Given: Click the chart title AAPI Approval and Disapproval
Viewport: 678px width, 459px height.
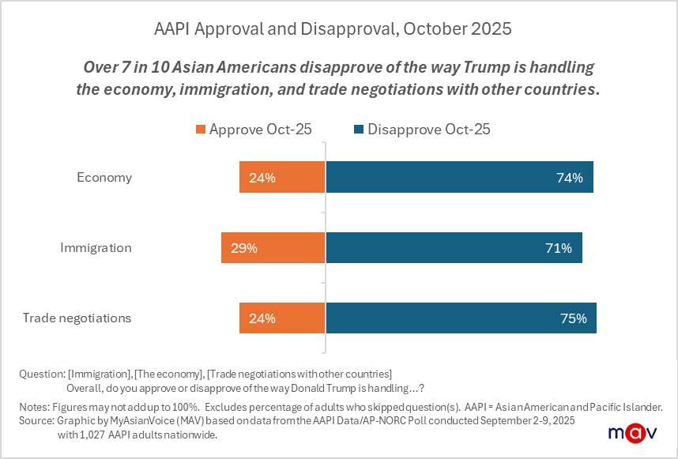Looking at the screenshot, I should pyautogui.click(x=333, y=29).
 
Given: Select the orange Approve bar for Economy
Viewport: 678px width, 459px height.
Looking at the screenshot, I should pyautogui.click(x=282, y=178).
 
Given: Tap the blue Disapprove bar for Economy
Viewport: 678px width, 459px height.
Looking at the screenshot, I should pyautogui.click(x=459, y=178).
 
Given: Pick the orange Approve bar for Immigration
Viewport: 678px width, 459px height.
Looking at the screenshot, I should pyautogui.click(x=273, y=248).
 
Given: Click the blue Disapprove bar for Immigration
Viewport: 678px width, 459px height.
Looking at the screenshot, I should pyautogui.click(x=454, y=248).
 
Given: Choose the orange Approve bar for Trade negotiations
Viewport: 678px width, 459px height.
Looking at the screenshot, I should pyautogui.click(x=282, y=318).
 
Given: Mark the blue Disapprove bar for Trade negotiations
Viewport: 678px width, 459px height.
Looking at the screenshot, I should pyautogui.click(x=461, y=318).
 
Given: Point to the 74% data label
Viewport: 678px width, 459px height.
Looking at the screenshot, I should pyautogui.click(x=569, y=178).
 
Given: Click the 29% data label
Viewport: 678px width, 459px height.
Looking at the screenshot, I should pyautogui.click(x=244, y=248).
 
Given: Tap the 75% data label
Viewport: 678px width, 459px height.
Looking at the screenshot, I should pyautogui.click(x=573, y=318).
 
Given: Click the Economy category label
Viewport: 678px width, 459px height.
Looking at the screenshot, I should pyautogui.click(x=104, y=178).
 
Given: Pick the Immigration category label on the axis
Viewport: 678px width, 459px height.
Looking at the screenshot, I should pyautogui.click(x=96, y=248).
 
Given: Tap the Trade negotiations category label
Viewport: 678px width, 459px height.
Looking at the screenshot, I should pyautogui.click(x=77, y=318).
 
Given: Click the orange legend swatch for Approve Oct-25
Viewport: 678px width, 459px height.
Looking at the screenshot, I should pyautogui.click(x=201, y=130).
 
